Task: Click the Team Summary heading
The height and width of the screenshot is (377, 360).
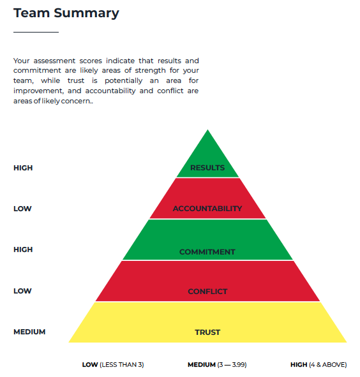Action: pyautogui.click(x=66, y=13)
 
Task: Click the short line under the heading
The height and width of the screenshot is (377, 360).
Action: pyautogui.click(x=36, y=32)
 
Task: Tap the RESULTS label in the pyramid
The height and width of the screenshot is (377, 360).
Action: pyautogui.click(x=207, y=168)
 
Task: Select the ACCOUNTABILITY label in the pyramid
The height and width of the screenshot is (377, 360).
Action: pyautogui.click(x=207, y=209)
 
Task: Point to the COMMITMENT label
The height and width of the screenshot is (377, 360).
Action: pyautogui.click(x=207, y=252)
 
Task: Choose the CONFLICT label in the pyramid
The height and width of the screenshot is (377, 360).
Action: pyautogui.click(x=207, y=292)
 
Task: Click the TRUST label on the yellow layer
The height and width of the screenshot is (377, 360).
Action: pyautogui.click(x=207, y=332)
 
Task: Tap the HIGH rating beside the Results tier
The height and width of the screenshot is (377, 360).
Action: pyautogui.click(x=23, y=168)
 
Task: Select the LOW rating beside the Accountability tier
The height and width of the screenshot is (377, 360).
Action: pyautogui.click(x=22, y=209)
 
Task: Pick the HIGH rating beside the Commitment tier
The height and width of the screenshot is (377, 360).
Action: pyautogui.click(x=23, y=249)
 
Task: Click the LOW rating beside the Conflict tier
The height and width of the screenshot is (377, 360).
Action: pyautogui.click(x=22, y=291)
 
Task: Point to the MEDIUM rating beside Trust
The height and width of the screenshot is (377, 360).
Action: pyautogui.click(x=29, y=332)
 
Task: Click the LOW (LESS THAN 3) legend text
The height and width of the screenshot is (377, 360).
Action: pyautogui.click(x=113, y=365)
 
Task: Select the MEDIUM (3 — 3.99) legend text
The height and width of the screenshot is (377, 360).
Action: pyautogui.click(x=217, y=365)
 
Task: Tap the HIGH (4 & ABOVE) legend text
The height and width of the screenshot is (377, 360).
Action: pyautogui.click(x=319, y=365)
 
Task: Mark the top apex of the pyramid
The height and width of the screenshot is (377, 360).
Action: pyautogui.click(x=207, y=130)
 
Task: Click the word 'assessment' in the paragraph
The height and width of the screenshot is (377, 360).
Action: pyautogui.click(x=54, y=61)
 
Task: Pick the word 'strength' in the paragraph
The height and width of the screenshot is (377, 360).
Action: pyautogui.click(x=150, y=70)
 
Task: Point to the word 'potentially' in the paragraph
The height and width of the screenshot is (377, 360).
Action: pyautogui.click(x=124, y=81)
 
